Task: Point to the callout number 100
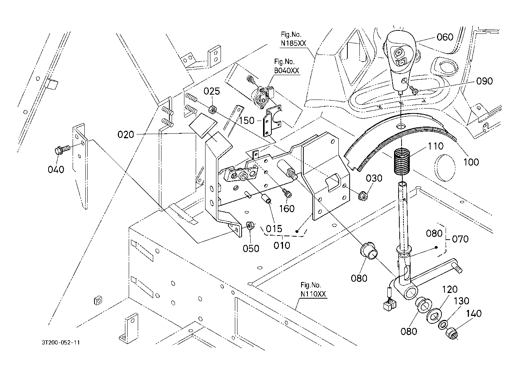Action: click(x=471, y=162)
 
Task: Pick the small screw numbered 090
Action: click(x=415, y=91)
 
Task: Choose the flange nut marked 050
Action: click(x=249, y=226)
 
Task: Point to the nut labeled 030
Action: click(x=362, y=195)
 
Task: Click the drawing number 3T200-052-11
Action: click(x=61, y=343)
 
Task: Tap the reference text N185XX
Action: click(x=294, y=43)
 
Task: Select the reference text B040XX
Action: click(x=287, y=70)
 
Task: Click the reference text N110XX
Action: click(x=313, y=294)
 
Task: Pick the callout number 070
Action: click(x=460, y=239)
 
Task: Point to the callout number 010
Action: click(x=282, y=246)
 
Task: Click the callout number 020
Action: click(x=126, y=134)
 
